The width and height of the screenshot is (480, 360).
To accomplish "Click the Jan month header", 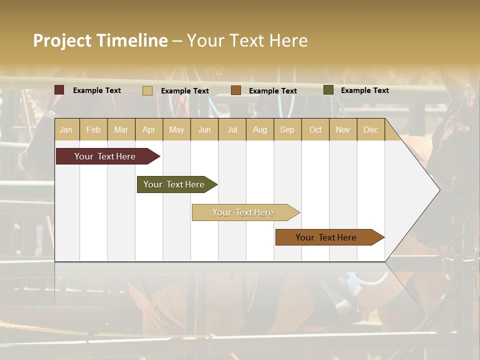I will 66,130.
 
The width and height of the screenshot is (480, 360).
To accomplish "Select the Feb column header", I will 93,130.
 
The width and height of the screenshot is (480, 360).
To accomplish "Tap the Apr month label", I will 149,130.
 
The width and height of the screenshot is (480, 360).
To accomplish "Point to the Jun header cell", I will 204,130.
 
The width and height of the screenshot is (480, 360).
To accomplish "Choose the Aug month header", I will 260,130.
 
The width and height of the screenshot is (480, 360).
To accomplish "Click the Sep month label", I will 287,130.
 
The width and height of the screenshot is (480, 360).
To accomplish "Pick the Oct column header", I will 315,130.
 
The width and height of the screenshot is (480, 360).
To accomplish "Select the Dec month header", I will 371,130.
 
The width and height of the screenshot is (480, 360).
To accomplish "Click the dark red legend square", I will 59,90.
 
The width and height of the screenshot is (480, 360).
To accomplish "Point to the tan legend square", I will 147,90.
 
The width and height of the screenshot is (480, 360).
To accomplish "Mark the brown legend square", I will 236,90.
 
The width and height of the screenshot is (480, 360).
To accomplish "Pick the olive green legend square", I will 328,90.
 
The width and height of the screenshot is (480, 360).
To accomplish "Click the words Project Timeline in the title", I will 100,40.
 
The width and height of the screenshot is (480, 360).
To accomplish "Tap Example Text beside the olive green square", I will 364,90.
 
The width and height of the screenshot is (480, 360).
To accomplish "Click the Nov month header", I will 343,130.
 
